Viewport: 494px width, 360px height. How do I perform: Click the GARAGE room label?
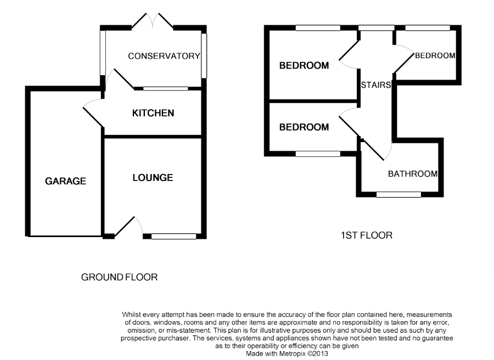coord(65,181)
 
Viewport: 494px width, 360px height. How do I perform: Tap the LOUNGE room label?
coord(153,178)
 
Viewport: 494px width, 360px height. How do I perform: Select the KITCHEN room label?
coord(153,113)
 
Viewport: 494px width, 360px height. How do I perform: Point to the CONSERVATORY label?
coord(164,56)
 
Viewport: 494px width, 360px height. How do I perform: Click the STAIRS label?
coord(376,85)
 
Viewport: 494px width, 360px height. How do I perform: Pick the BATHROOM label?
coord(413,174)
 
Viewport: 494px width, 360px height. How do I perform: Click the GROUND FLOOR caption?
coord(119,277)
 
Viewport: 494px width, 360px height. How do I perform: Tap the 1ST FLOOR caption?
coord(367,235)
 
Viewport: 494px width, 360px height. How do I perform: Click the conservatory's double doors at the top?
coord(153,21)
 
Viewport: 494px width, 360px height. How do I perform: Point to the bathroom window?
coord(398,194)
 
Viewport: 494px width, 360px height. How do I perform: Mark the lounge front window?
coord(173,237)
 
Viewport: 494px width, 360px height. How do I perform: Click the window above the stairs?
coord(376,27)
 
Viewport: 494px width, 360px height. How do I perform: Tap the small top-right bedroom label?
coord(435,55)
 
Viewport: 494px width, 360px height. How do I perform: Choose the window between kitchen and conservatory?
coord(165,88)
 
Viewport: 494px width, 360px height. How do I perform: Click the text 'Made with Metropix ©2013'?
coord(288,354)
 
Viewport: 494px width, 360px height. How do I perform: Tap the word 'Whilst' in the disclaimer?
coord(132,314)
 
